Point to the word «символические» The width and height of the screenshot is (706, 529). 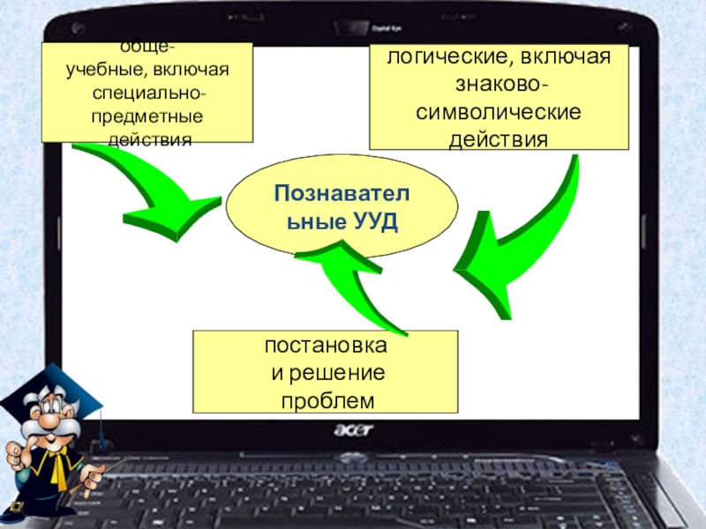[499, 115]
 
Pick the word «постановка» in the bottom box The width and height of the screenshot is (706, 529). [326, 346]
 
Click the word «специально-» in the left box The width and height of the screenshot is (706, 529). [149, 93]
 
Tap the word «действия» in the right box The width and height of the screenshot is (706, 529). [499, 141]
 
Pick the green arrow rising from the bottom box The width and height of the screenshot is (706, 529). [353, 282]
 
